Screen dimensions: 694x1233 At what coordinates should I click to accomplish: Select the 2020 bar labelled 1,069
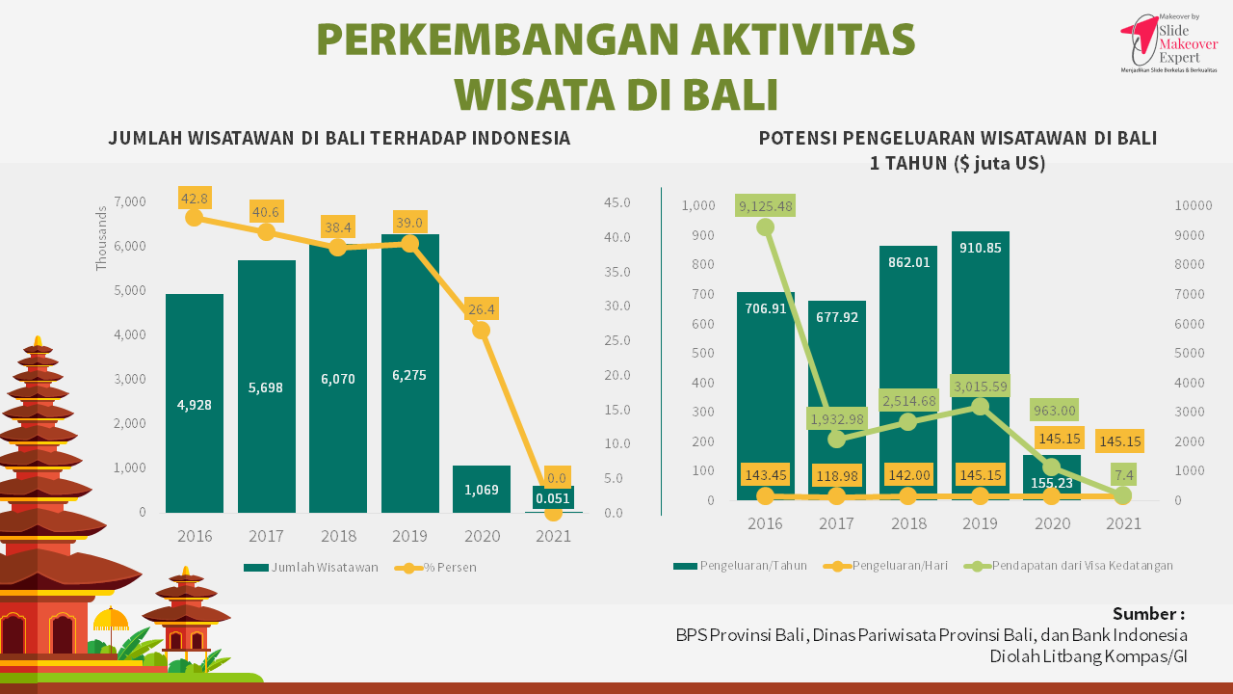pyautogui.click(x=482, y=489)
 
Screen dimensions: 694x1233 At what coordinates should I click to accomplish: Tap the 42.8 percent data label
pyautogui.click(x=195, y=199)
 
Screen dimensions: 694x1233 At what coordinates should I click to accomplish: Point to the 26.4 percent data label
pyautogui.click(x=482, y=309)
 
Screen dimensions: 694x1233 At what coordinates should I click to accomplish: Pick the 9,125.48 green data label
pyautogui.click(x=766, y=205)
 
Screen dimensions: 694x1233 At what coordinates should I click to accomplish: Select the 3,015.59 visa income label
pyautogui.click(x=981, y=387)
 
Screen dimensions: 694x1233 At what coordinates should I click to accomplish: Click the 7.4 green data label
pyautogui.click(x=1123, y=474)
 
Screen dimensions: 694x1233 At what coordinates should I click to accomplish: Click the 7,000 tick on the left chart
pyautogui.click(x=130, y=201)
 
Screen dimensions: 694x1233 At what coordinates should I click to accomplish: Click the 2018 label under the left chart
pyautogui.click(x=338, y=536)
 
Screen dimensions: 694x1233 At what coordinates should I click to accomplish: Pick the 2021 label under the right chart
pyautogui.click(x=1123, y=523)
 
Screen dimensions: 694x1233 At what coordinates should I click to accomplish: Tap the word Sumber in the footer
pyautogui.click(x=1147, y=614)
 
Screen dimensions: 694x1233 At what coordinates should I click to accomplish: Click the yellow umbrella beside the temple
pyautogui.click(x=111, y=619)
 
